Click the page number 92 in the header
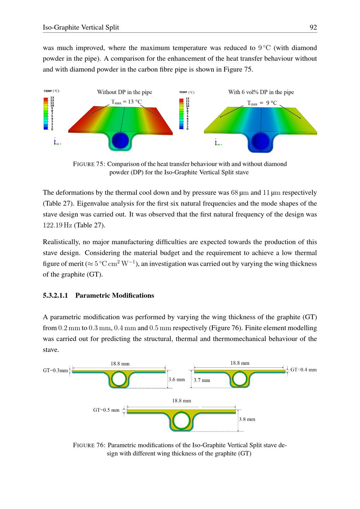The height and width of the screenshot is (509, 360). coord(313,27)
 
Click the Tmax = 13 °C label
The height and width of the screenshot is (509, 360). coord(126,102)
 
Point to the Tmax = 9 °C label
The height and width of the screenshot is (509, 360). coord(262,103)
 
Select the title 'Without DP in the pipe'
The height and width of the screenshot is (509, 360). coord(125,92)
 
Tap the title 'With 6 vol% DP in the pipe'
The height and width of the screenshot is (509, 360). coord(261,92)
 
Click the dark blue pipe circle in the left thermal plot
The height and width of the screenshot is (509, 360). coord(120,140)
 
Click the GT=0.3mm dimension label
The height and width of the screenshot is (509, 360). coord(55,371)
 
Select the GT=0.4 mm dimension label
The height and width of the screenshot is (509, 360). coord(303,370)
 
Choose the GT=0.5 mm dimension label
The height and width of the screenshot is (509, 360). coord(106,410)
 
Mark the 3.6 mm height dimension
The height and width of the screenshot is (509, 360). coord(176,379)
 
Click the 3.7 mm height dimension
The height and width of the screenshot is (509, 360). coord(202,380)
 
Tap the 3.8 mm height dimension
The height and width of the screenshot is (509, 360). coord(247,419)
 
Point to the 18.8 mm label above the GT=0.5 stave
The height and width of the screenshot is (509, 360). coord(181,401)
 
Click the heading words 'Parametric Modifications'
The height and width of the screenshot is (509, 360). coord(114,296)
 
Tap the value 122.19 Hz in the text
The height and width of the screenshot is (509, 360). coord(58,225)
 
